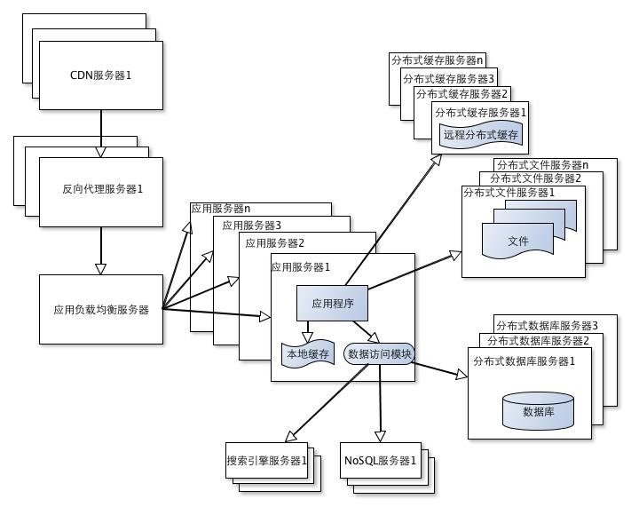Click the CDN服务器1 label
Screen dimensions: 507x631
[x=100, y=75]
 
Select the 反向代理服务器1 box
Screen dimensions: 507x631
[x=101, y=189]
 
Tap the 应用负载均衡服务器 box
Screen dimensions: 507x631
[x=101, y=310]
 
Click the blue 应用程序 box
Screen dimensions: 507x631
[x=332, y=304]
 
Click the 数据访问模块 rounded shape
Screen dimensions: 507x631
[x=379, y=353]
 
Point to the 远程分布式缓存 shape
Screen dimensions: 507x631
[x=480, y=135]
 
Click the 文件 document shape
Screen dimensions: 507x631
[x=517, y=241]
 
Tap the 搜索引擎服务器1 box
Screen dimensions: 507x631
[x=266, y=461]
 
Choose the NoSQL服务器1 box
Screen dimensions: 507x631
[x=379, y=461]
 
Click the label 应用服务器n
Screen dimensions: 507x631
[x=221, y=209]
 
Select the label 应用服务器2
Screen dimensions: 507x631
[x=275, y=242]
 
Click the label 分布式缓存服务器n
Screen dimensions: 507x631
[x=437, y=60]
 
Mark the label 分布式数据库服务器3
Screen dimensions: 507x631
[x=547, y=325]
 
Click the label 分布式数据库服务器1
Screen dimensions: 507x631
[x=525, y=360]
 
